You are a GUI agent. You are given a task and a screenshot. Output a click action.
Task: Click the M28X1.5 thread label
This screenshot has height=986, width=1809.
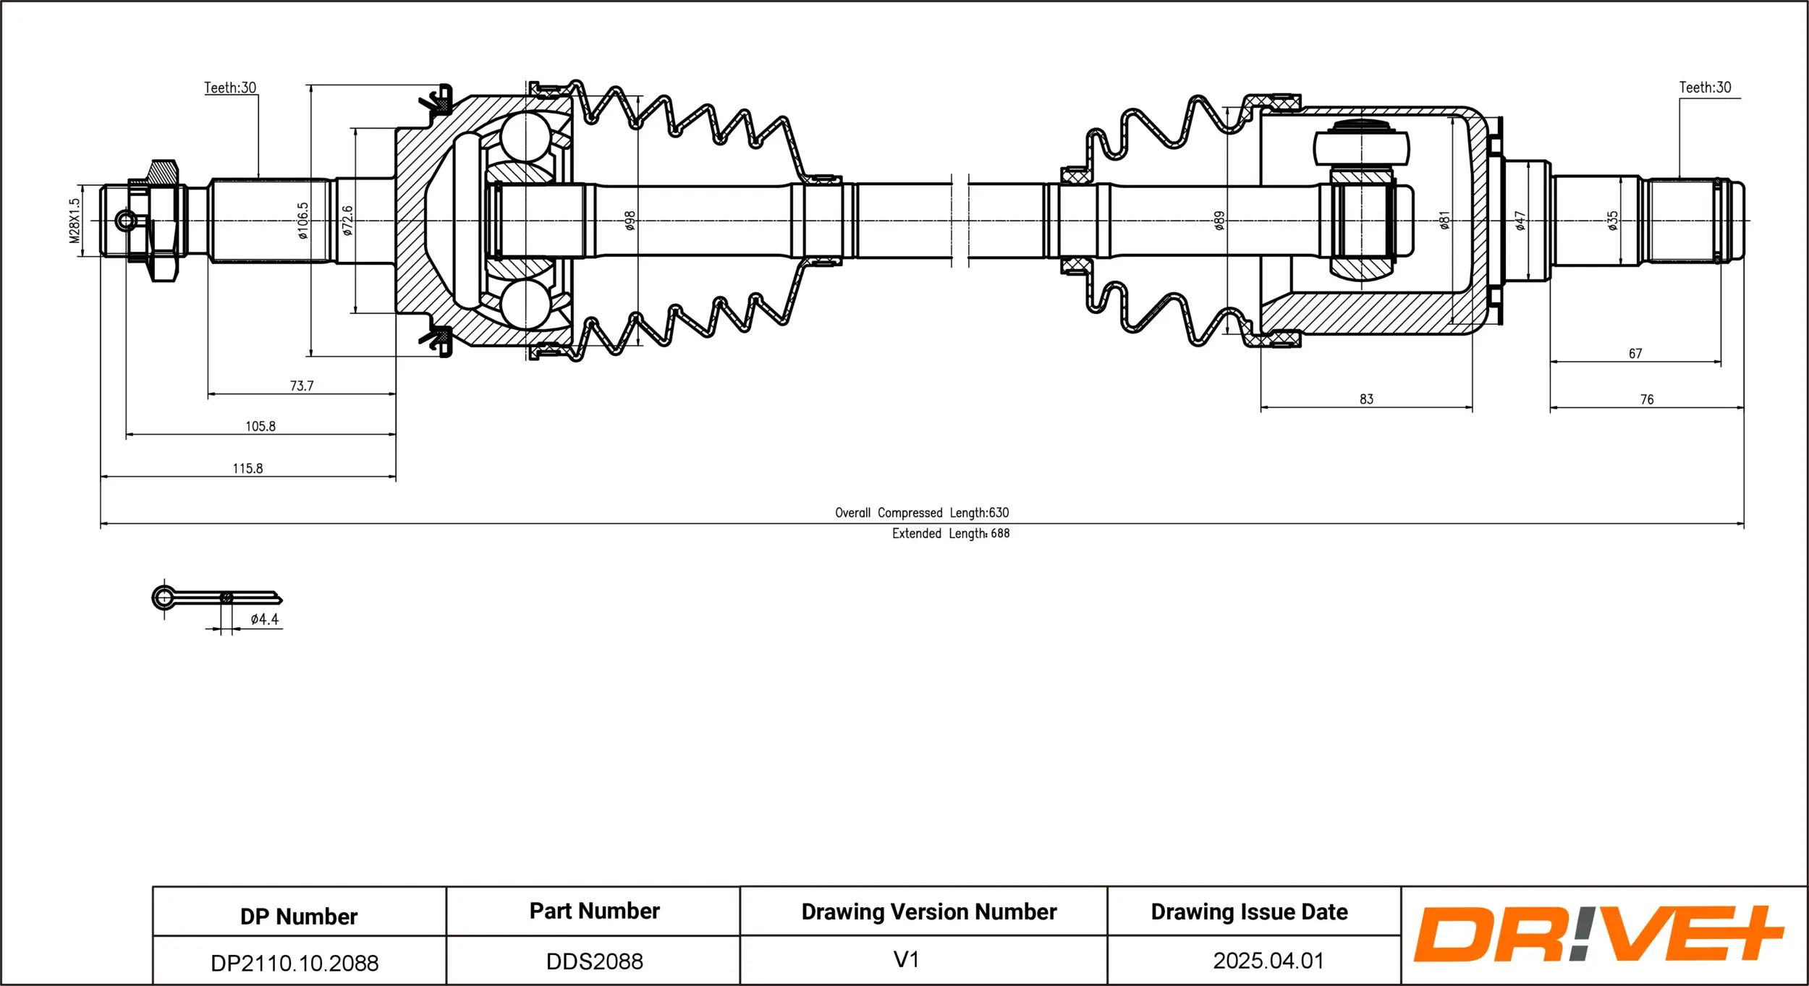coord(75,221)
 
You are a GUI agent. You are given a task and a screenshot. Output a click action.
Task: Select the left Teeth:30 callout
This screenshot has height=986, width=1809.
coord(230,88)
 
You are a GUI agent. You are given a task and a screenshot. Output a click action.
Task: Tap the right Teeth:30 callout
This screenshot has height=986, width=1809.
coord(1705,88)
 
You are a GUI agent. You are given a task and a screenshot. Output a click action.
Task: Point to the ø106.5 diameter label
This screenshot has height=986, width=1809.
coord(302,221)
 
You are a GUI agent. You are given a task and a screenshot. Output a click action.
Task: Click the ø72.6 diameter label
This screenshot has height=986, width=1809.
coord(348,221)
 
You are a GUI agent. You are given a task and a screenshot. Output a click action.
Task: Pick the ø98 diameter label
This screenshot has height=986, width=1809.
coord(630,221)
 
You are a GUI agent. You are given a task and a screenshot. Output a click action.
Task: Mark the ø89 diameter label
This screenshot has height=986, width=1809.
coord(1219,221)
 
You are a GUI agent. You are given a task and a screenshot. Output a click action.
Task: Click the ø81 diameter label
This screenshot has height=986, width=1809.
coord(1444,221)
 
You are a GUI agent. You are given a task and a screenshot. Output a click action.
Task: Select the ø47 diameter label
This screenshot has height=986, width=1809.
coord(1520,221)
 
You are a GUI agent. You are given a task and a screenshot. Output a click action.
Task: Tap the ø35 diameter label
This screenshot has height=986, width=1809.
coord(1612,221)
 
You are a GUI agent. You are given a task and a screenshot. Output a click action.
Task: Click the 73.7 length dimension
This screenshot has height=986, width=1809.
coord(302,386)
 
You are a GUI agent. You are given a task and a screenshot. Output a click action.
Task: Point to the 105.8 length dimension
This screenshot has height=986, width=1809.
coord(260,426)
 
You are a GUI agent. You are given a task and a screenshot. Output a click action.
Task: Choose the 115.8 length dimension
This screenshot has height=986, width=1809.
coord(247,468)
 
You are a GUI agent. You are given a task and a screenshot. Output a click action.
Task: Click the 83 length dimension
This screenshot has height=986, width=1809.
coord(1366,399)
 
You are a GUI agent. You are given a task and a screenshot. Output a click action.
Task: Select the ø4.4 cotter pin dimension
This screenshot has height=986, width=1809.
coord(264,619)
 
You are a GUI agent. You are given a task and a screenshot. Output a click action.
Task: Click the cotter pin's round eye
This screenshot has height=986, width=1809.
coord(164,598)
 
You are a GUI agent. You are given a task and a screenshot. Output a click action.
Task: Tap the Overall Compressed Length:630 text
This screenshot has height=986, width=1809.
coord(921,513)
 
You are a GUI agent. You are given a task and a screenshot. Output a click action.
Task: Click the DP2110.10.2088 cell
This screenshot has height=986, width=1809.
coord(295,963)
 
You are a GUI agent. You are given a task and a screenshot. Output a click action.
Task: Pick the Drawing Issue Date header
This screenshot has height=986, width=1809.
coord(1249,911)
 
